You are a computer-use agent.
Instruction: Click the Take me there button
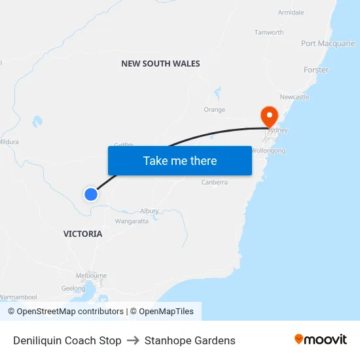[180, 160]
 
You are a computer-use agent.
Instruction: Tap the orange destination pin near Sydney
[269, 117]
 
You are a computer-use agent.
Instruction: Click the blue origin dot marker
[91, 194]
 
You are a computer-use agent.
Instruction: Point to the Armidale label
[291, 12]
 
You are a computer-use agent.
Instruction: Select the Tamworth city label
[268, 32]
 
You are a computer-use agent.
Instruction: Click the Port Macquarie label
[328, 43]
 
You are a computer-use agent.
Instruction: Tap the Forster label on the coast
[316, 69]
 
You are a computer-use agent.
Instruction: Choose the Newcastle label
[294, 97]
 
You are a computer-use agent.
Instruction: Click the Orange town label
[214, 110]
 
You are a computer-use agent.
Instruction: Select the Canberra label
[215, 182]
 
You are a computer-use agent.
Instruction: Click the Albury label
[149, 211]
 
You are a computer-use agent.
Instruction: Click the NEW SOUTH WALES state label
[160, 63]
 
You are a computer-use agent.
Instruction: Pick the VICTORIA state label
[82, 234]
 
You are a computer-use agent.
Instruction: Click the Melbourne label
[91, 276]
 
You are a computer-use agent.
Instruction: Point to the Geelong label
[73, 288]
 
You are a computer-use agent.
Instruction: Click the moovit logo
[321, 339]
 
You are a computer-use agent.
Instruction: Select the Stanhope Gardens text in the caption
[190, 340]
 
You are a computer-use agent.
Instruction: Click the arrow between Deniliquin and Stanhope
[133, 340]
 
